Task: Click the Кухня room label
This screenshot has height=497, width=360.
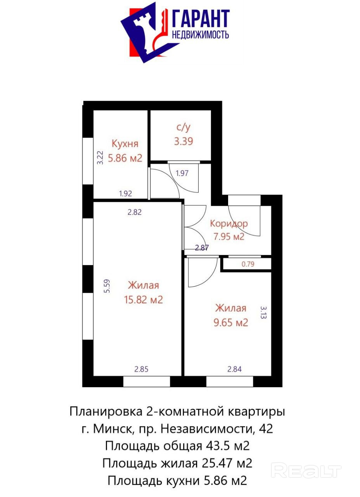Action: [x=125, y=144]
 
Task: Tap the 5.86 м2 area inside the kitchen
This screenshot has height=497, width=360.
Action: [x=125, y=158]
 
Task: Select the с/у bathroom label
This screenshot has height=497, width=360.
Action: [x=183, y=128]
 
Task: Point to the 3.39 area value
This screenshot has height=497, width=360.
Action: [x=183, y=141]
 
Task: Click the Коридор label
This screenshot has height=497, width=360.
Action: [x=229, y=224]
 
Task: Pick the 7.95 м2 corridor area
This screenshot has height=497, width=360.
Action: [x=229, y=236]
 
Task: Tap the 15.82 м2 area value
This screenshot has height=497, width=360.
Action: [x=143, y=300]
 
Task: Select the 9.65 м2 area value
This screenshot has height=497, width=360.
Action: [x=230, y=322]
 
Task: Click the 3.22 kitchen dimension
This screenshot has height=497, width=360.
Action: [x=100, y=158]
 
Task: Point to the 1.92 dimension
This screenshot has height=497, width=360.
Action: [x=125, y=194]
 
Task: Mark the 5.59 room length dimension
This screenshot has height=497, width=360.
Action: [x=107, y=286]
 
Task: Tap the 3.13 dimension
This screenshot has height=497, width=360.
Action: [x=263, y=313]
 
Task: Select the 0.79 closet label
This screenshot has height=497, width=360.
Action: [x=248, y=264]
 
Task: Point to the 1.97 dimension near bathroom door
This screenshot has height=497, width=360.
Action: [x=182, y=173]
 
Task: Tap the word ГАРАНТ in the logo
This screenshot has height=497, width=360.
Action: [x=201, y=19]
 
